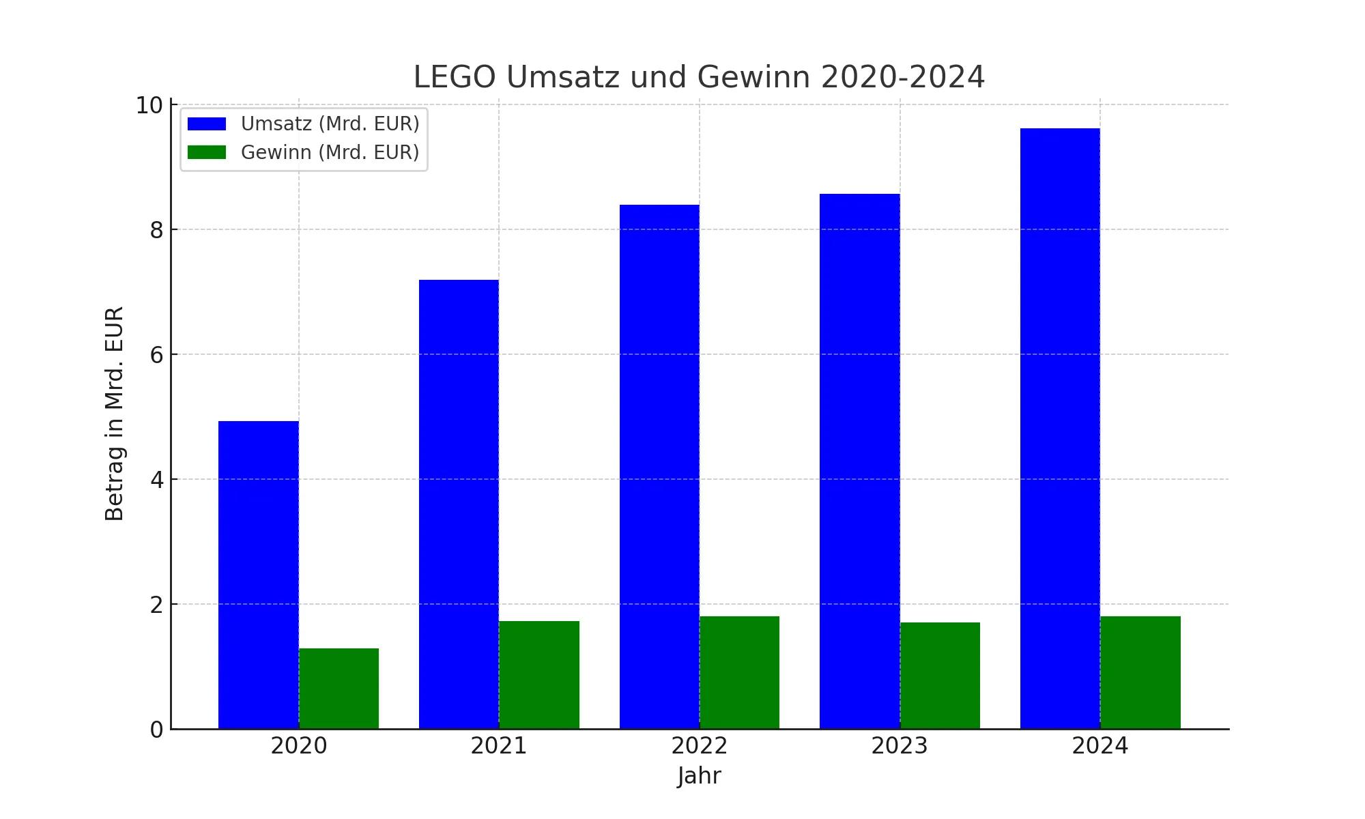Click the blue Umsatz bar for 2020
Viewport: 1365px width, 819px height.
(258, 575)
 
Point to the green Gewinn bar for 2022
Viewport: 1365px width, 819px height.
(739, 672)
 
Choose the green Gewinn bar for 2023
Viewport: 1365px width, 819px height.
(940, 675)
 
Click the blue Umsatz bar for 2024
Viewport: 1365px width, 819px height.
(1060, 428)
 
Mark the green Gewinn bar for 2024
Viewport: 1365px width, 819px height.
(1140, 672)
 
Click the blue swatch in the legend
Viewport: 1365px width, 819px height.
(206, 124)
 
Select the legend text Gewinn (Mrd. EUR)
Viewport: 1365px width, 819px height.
(330, 153)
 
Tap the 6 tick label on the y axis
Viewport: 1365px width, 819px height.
(157, 355)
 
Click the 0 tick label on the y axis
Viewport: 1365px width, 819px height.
(157, 730)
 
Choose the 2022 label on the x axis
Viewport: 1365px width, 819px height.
(699, 746)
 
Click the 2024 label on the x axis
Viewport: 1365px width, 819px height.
(1100, 746)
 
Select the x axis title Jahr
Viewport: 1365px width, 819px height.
(699, 776)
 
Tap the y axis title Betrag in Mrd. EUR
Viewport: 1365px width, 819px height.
(115, 414)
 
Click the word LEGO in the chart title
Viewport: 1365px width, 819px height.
(454, 77)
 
